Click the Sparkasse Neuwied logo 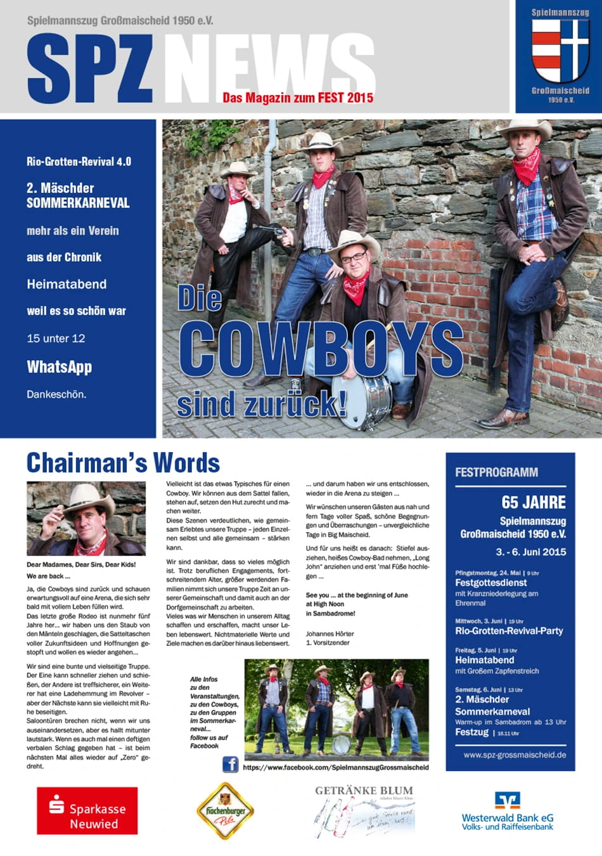pos(87,810)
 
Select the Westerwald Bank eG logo pos(507,811)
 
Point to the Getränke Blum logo pos(364,812)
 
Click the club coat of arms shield pos(560,51)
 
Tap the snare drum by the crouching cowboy pos(361,401)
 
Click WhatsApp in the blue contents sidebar pos(59,366)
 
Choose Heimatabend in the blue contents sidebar pos(67,284)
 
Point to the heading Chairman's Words pos(123,463)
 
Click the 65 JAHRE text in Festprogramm pos(534,502)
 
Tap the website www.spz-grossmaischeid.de pos(515,755)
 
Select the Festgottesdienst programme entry pos(490,582)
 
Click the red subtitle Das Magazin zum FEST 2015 pos(298,98)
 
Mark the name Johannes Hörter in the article pos(330,633)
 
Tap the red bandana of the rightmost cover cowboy pos(527,164)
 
